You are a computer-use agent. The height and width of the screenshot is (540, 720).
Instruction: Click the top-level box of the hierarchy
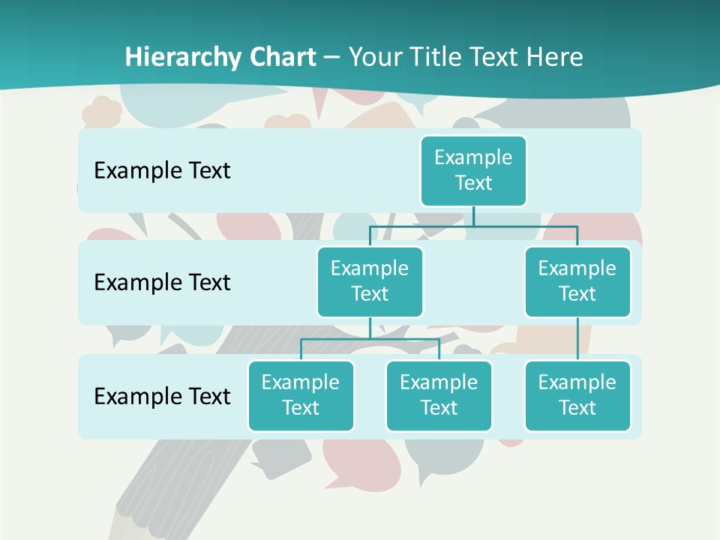pyautogui.click(x=473, y=171)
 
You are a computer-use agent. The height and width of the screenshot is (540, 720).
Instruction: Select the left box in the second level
pyautogui.click(x=370, y=282)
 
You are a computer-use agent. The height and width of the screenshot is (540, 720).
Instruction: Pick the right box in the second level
pyautogui.click(x=577, y=282)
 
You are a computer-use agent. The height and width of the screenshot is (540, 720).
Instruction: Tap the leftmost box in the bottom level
pyautogui.click(x=301, y=396)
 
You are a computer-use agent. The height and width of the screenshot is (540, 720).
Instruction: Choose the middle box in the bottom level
pyautogui.click(x=439, y=396)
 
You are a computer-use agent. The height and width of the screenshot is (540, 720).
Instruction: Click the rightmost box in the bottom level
pyautogui.click(x=577, y=396)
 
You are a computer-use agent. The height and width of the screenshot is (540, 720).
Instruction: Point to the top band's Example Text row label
pyautogui.click(x=162, y=171)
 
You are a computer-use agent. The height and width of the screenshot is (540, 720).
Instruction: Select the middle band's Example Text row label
pyautogui.click(x=162, y=283)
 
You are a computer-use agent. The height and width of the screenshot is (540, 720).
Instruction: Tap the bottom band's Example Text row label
pyautogui.click(x=162, y=397)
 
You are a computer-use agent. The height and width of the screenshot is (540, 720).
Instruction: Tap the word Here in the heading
pyautogui.click(x=556, y=57)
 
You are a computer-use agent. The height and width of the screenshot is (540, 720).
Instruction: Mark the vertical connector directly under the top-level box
pyautogui.click(x=473, y=216)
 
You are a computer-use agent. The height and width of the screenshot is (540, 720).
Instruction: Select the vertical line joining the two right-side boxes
pyautogui.click(x=577, y=339)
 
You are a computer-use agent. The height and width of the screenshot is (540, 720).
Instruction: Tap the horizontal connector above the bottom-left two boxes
pyautogui.click(x=370, y=339)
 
